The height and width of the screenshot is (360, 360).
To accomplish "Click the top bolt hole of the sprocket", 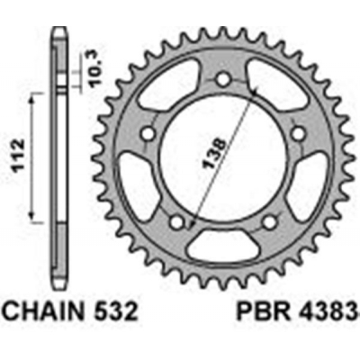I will click(221, 82).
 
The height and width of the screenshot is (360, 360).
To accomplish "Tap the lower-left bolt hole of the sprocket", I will click(176, 220).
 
